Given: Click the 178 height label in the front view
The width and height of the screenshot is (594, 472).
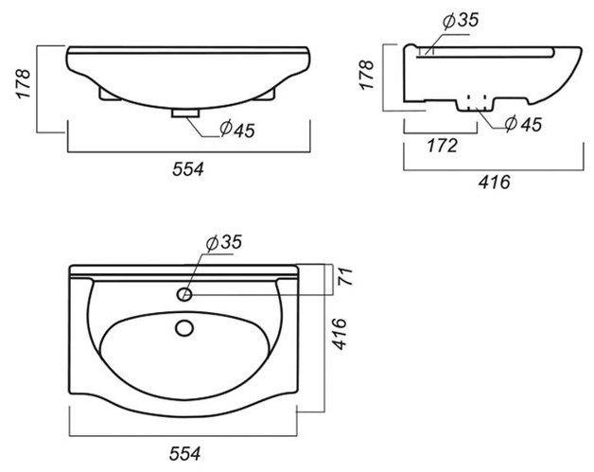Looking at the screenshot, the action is coord(23,84).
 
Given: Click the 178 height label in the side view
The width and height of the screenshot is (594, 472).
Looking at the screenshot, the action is coord(367,75).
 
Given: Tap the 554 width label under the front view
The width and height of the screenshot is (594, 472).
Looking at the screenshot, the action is coord(188,169).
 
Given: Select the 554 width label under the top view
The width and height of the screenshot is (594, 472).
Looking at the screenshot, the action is coord(184,453).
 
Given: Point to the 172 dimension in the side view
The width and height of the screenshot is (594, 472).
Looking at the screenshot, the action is coord(442,146).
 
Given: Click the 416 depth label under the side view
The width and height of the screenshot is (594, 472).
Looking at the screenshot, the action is coord(495,183).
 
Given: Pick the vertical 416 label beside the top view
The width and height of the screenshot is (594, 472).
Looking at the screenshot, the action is coord(340,334).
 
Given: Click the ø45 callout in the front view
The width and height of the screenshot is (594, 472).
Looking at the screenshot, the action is coord(237,130).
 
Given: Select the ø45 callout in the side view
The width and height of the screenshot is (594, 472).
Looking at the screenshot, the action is coord(524,124).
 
